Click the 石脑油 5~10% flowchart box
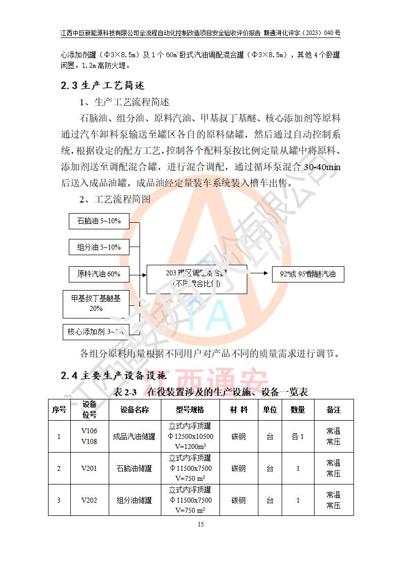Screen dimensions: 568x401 click(x=99, y=221)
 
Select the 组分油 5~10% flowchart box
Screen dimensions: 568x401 click(x=99, y=247)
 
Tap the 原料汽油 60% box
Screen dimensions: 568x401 click(x=99, y=274)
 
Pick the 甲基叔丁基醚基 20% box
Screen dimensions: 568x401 click(x=96, y=303)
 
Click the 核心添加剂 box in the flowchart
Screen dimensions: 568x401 click(x=95, y=332)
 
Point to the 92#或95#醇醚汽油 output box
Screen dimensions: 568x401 click(x=307, y=274)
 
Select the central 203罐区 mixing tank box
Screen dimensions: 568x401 click(x=197, y=279)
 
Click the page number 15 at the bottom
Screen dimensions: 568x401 click(x=201, y=524)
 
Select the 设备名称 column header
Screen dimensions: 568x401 click(x=135, y=410)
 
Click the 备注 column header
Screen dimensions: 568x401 click(x=333, y=410)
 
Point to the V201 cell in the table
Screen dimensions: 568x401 click(x=89, y=468)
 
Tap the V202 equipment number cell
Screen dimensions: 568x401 click(x=89, y=500)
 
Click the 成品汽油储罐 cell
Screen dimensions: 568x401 click(x=135, y=436)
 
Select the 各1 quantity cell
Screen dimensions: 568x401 click(x=297, y=436)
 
